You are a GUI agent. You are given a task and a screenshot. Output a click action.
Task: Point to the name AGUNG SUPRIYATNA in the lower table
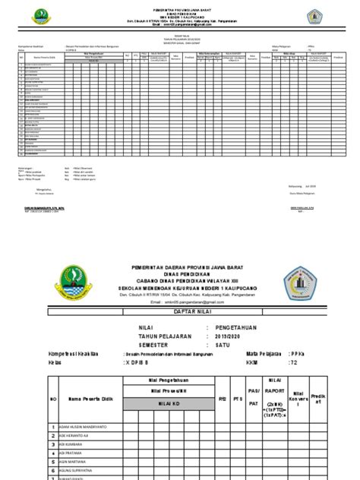pos(88,470)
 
